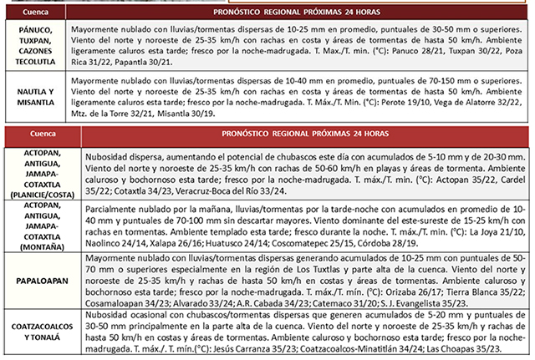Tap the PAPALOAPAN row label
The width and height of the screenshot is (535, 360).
pyautogui.click(x=36, y=276)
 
